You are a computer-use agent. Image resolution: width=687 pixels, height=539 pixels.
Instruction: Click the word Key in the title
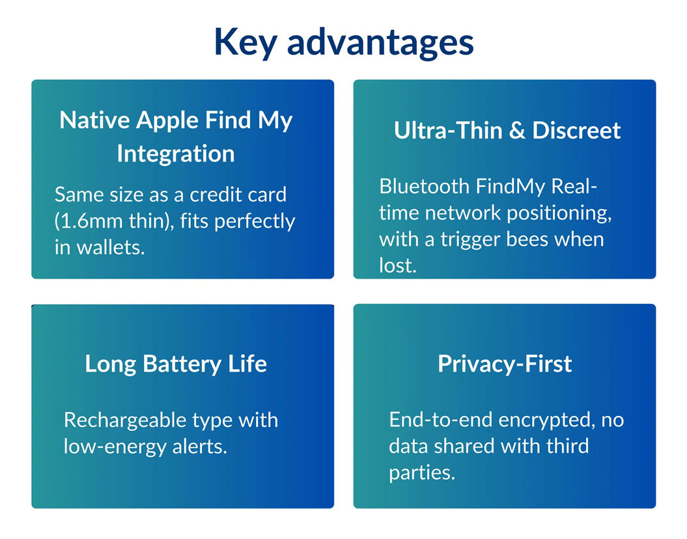pyautogui.click(x=245, y=42)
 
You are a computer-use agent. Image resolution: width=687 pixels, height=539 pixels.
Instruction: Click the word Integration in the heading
pyautogui.click(x=176, y=154)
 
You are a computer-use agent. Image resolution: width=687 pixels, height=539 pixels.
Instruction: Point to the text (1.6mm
pyautogui.click(x=89, y=221)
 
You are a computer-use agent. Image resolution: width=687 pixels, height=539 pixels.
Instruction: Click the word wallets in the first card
pyautogui.click(x=111, y=247)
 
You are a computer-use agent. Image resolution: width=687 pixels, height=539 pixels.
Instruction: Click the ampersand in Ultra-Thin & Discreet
pyautogui.click(x=517, y=130)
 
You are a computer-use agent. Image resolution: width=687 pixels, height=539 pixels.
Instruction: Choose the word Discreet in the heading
pyautogui.click(x=576, y=130)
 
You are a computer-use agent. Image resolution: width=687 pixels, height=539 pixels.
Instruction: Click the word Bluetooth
pyautogui.click(x=424, y=187)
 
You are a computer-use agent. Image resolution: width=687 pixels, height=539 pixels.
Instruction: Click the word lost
pyautogui.click(x=398, y=266)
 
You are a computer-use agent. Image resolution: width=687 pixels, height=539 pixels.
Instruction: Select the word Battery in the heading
pyautogui.click(x=182, y=365)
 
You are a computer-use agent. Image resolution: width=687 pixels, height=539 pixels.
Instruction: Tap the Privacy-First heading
pyautogui.click(x=505, y=364)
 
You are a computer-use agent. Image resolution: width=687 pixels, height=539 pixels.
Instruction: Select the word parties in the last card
pyautogui.click(x=422, y=473)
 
